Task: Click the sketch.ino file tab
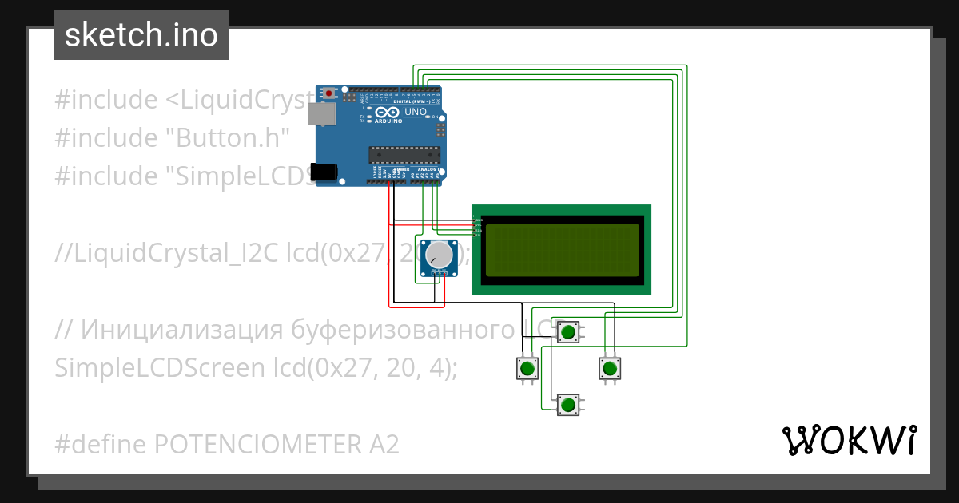point(141,35)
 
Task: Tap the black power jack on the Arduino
point(324,171)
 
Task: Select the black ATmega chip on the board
point(404,154)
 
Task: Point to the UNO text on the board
point(416,112)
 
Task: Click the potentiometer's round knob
point(438,255)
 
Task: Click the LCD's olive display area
point(561,249)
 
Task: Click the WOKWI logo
point(849,440)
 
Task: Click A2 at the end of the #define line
point(380,444)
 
